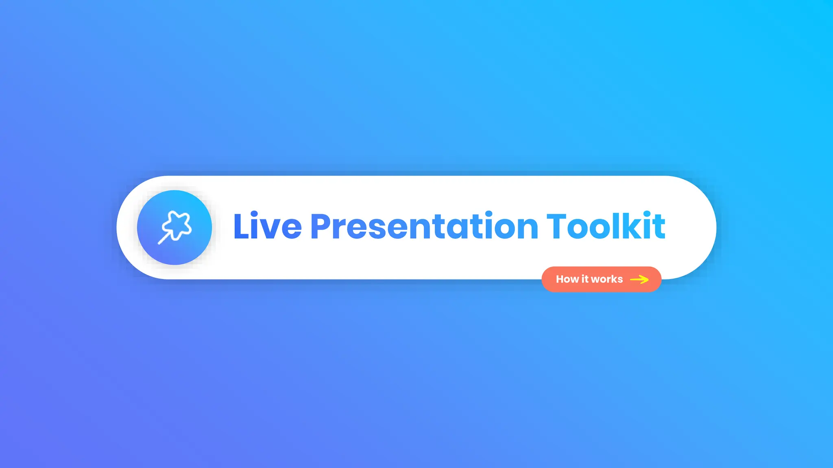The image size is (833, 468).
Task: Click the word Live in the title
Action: tap(267, 227)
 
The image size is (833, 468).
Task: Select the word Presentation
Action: tap(424, 227)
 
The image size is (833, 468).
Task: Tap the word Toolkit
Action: tap(606, 227)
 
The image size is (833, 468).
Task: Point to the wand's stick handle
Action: tap(164, 238)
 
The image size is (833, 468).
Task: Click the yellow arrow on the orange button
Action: tap(639, 279)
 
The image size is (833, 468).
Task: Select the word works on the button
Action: tap(606, 279)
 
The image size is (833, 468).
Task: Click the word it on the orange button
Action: tap(585, 279)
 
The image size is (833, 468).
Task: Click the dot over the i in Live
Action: tap(254, 214)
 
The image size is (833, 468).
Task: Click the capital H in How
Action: tap(560, 279)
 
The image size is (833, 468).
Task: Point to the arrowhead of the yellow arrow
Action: tap(645, 279)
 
